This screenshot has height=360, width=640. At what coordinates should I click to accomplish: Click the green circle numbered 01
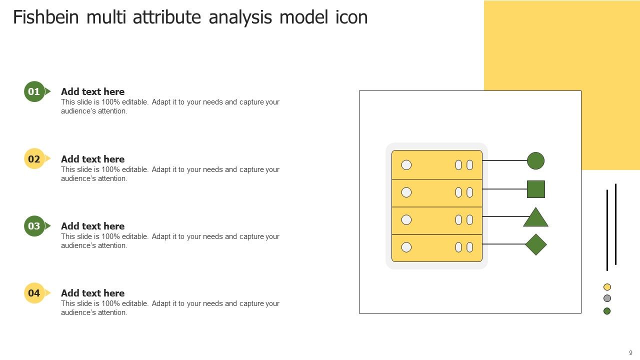click(34, 91)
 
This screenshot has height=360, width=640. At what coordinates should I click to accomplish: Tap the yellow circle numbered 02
click(34, 159)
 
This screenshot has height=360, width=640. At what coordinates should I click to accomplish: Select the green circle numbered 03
click(34, 226)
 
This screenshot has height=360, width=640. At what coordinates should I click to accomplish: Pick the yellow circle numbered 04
click(34, 293)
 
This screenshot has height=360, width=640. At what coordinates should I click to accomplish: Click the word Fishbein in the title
click(46, 17)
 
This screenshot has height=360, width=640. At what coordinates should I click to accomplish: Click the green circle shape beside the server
click(535, 160)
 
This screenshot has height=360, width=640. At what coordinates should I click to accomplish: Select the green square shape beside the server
click(535, 189)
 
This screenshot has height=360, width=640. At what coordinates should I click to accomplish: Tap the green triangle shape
click(535, 218)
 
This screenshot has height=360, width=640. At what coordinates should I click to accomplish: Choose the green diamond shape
click(535, 244)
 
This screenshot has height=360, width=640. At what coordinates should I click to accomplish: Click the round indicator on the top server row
click(406, 164)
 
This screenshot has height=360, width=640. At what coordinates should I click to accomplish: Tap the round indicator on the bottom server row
click(406, 247)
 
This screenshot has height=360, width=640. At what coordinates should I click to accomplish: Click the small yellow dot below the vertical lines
click(607, 287)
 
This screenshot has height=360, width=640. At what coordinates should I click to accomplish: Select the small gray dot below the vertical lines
click(607, 298)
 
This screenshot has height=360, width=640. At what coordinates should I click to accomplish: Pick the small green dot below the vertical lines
click(607, 311)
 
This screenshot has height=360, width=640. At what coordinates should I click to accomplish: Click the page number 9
click(630, 353)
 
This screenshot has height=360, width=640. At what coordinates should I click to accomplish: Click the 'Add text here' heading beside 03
click(92, 226)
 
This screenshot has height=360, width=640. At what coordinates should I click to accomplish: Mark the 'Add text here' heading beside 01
click(92, 91)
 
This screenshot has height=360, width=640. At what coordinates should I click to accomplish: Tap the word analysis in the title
click(240, 17)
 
